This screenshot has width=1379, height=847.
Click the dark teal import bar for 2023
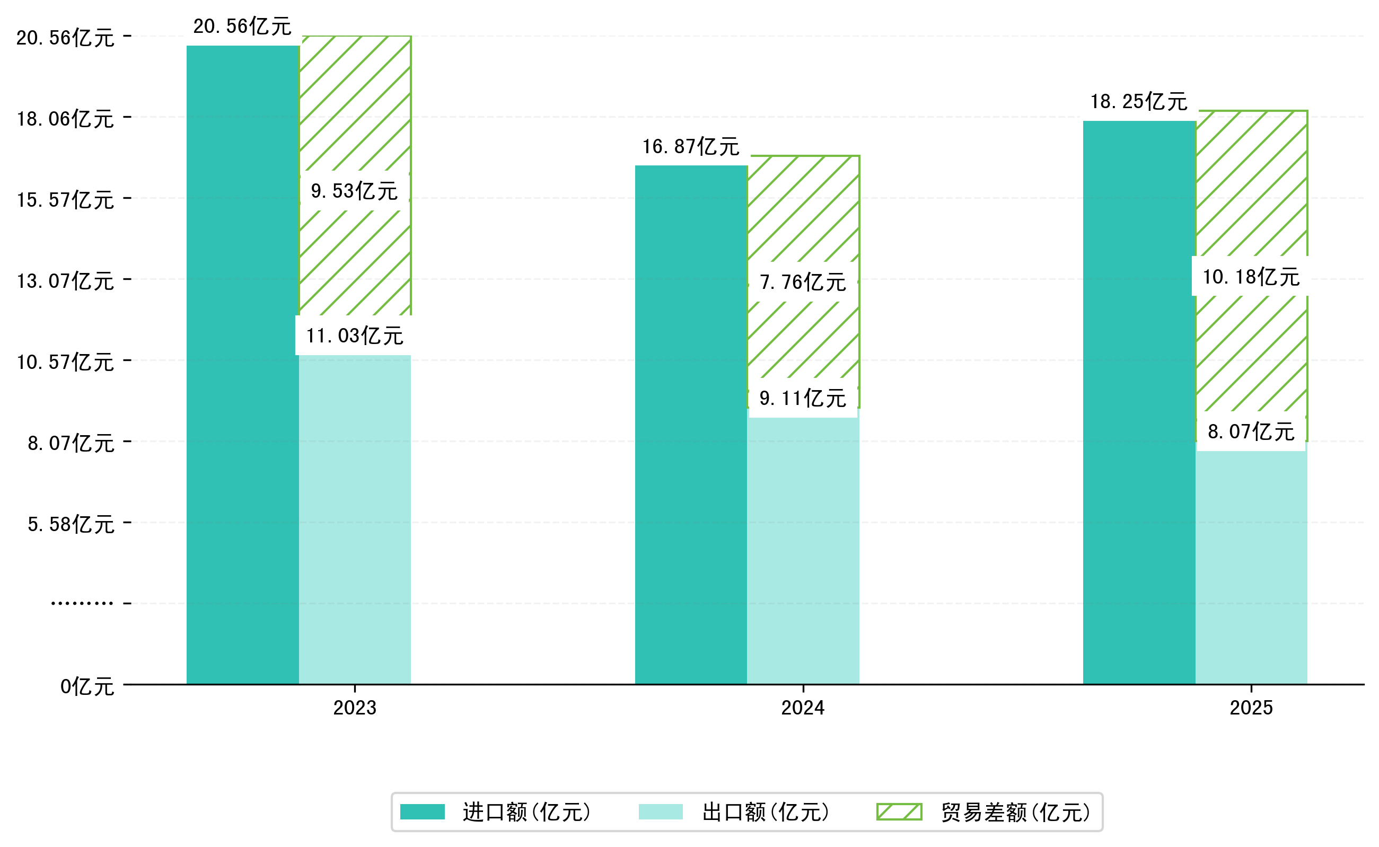coord(242,364)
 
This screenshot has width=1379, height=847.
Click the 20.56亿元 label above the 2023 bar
coord(242,27)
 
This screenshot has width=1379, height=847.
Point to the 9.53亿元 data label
coord(354,191)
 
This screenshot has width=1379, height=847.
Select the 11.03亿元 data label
coord(354,336)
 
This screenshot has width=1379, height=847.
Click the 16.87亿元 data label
coord(690,147)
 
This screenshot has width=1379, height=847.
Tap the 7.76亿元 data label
coord(802,283)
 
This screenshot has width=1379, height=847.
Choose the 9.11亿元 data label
coord(802,398)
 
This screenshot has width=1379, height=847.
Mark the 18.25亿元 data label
coord(1139,102)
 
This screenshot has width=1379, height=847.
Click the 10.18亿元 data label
coord(1251,277)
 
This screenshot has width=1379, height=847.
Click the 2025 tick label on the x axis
coord(1251,708)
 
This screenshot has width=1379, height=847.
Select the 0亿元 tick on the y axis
coord(87,686)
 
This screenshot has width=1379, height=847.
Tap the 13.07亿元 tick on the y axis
coord(65,280)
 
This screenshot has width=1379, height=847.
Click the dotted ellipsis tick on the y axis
coord(82,603)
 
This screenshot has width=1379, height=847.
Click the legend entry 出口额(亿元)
coord(765,812)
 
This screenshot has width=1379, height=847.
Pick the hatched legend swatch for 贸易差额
coord(899,811)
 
